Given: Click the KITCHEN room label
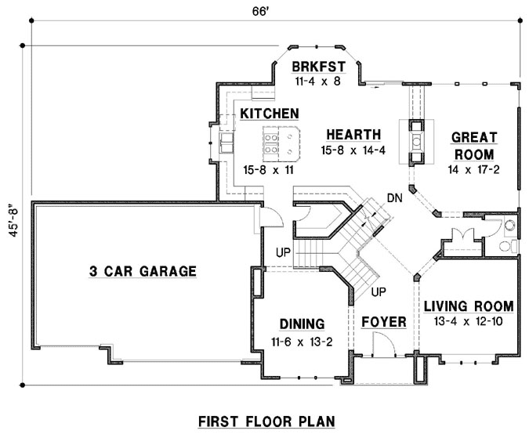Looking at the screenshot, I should coord(269,114).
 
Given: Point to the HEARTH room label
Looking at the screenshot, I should coord(353,134).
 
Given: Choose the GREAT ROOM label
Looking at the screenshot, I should coord(473,146).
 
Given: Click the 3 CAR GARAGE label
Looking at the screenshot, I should coord(141,272).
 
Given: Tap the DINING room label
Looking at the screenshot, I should coord(302,323).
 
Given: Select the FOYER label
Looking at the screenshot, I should coord(383,322).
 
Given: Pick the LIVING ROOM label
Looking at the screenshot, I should coord(468,306).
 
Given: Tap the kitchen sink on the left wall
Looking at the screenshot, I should coord(226,142).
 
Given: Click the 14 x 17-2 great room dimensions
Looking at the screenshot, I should coord(473,169).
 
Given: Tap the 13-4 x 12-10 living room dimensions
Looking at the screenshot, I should coord(468,320).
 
